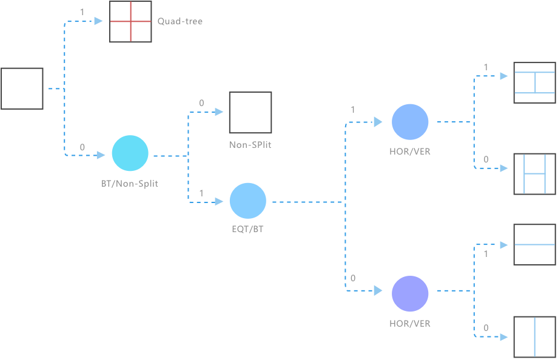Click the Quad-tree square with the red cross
[130, 22]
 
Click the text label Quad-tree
[180, 22]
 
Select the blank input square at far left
[22, 88]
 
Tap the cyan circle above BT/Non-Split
[130, 153]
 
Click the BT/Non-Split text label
[130, 183]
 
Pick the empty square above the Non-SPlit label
[249, 113]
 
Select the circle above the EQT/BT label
[247, 201]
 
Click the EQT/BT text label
[247, 230]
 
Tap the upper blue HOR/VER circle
[410, 122]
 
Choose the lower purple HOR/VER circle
[410, 293]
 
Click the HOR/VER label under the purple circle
[410, 324]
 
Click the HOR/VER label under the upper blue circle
[410, 152]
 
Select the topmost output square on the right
[534, 82]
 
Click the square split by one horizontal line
[534, 245]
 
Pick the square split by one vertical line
[534, 336]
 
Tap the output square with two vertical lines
[534, 174]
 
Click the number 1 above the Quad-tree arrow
[82, 12]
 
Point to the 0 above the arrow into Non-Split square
[201, 103]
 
